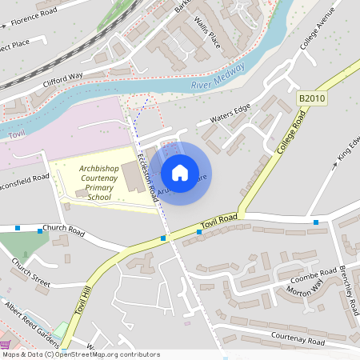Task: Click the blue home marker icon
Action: click(x=180, y=173)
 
